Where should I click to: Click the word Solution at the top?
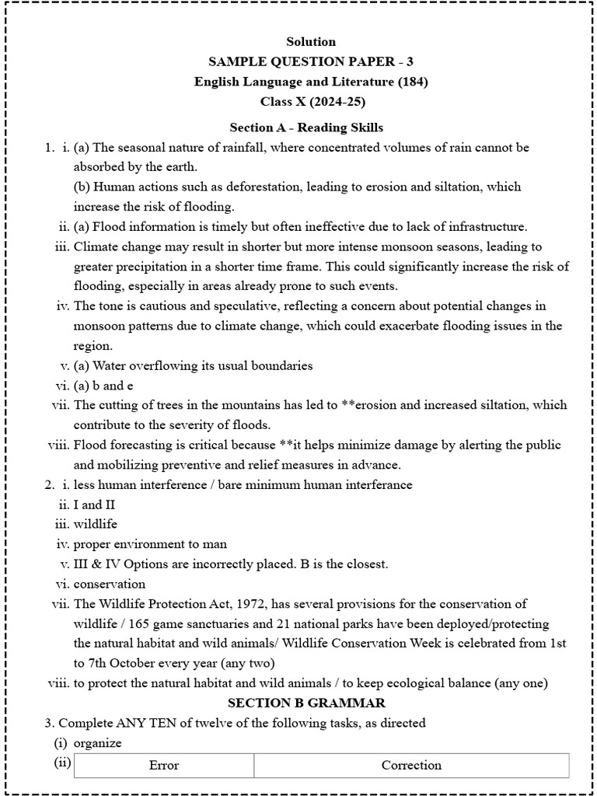(x=311, y=41)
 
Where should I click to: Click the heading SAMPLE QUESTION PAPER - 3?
(x=311, y=61)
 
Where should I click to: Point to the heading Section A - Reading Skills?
(x=306, y=127)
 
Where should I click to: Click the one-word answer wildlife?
(x=96, y=524)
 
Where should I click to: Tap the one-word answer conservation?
(x=110, y=584)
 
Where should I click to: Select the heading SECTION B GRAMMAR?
(x=305, y=703)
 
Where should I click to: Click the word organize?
(x=98, y=743)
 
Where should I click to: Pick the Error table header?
(x=163, y=765)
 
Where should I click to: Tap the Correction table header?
(x=411, y=765)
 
